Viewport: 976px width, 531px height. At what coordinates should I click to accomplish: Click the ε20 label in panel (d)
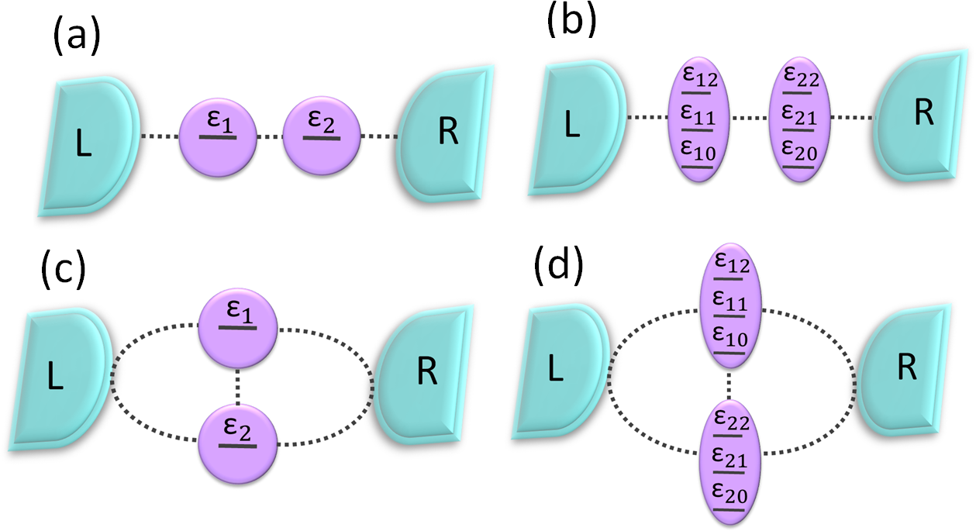[731, 494]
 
